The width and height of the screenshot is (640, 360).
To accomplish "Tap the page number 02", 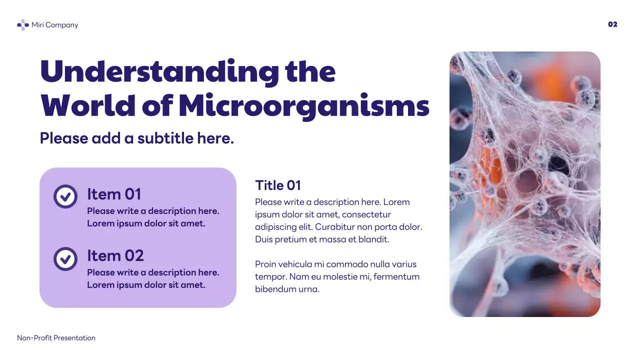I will [612, 24].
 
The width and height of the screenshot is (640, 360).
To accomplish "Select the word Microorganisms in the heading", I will [304, 105].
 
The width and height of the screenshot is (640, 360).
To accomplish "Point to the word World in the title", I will [88, 105].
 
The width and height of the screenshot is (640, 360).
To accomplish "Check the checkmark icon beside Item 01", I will [65, 196].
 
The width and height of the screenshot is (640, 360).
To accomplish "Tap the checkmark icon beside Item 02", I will [65, 258].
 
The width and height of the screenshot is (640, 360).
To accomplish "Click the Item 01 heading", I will [114, 194].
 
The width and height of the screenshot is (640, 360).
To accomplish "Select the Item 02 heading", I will [115, 255].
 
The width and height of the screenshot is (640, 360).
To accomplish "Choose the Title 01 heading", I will [278, 185].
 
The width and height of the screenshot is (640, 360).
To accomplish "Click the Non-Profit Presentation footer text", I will [56, 338].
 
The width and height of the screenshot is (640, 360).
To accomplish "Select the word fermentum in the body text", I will [396, 276].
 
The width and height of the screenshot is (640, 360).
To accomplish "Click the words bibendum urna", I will [287, 289].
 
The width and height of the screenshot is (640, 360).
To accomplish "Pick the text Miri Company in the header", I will [54, 25].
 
